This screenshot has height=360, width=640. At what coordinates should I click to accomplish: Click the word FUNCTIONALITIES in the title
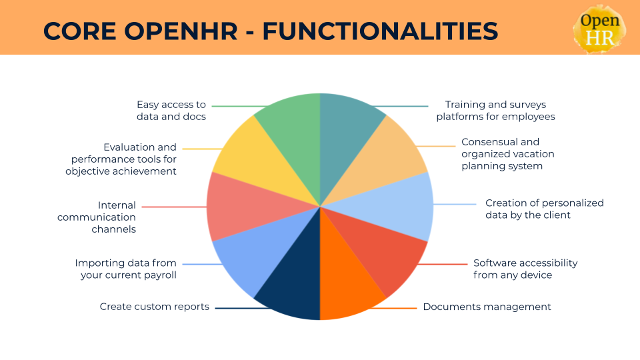(379, 31)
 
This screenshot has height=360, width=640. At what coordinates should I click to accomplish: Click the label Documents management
(487, 307)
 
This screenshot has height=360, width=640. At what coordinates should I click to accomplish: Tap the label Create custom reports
(155, 307)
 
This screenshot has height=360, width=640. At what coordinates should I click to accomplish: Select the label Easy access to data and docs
(171, 111)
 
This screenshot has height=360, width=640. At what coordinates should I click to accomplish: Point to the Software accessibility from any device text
(525, 269)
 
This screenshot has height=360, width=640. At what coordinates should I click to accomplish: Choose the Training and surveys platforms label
(495, 111)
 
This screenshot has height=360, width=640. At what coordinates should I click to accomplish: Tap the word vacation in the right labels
(534, 154)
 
